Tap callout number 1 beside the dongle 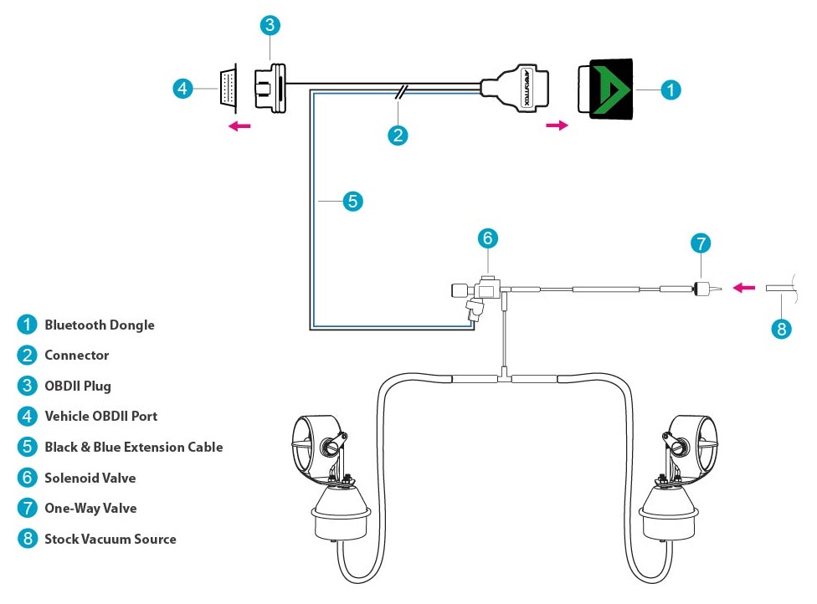pos(671,90)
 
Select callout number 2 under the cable pos(398,135)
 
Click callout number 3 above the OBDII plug pos(269,25)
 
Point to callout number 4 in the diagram pos(183,88)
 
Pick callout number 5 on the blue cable pos(352,201)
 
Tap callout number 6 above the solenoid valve pos(488,238)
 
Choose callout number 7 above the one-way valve pos(701,243)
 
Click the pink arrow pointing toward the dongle pos(556,125)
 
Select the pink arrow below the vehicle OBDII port pos(241,126)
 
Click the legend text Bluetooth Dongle pos(100,325)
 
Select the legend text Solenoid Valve pos(90,478)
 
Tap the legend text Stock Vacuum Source pos(110,539)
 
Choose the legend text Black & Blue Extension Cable pos(133,447)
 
